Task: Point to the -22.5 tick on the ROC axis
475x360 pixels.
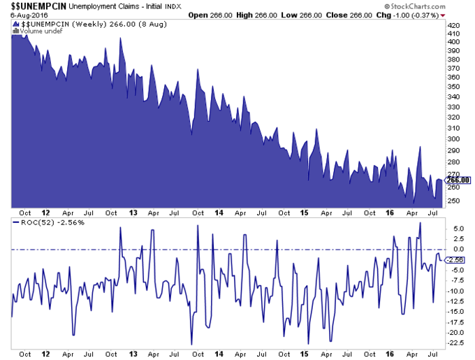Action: pos(455,343)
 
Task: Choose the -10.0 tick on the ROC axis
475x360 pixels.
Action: pos(455,291)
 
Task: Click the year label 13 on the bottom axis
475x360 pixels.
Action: pos(131,354)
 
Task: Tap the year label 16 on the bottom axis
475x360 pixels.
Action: pos(389,354)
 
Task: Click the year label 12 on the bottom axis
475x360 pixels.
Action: pos(46,354)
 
